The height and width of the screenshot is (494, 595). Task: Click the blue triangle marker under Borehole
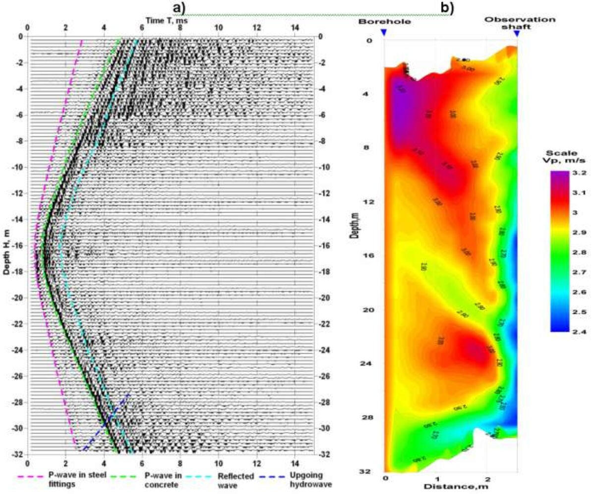(x=383, y=33)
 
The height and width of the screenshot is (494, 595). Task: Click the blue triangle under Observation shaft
(x=517, y=33)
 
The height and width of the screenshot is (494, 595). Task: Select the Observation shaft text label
(x=520, y=23)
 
